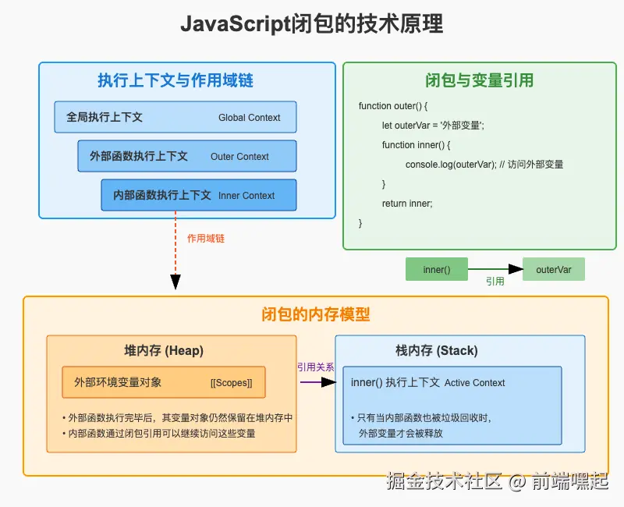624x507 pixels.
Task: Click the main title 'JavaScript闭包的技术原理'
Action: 311,24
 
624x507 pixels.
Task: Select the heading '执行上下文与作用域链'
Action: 175,80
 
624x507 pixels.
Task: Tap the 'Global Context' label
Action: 249,118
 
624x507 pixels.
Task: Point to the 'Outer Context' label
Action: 239,157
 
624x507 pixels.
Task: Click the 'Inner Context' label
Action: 246,196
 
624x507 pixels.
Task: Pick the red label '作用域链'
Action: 206,239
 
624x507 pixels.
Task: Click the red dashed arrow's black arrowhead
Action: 175,282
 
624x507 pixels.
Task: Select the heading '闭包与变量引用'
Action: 479,80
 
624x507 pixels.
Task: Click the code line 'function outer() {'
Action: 393,106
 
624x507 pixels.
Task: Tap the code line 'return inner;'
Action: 407,204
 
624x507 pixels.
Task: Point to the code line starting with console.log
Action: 484,165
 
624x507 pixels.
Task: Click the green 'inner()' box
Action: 437,269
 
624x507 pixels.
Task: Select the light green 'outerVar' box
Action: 554,269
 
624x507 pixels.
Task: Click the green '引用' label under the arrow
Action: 495,282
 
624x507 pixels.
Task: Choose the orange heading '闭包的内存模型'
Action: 316,314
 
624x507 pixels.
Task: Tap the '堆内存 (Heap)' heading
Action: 164,350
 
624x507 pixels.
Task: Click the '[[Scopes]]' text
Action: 231,383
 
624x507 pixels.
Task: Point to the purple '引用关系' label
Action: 316,367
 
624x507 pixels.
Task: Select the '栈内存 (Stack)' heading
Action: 437,350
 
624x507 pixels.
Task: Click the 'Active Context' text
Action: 474,383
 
